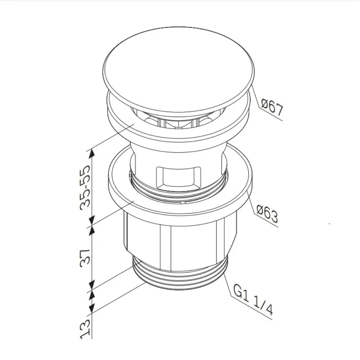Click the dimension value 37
[85, 258]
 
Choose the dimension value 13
[85, 329]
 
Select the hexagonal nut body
[180, 239]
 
